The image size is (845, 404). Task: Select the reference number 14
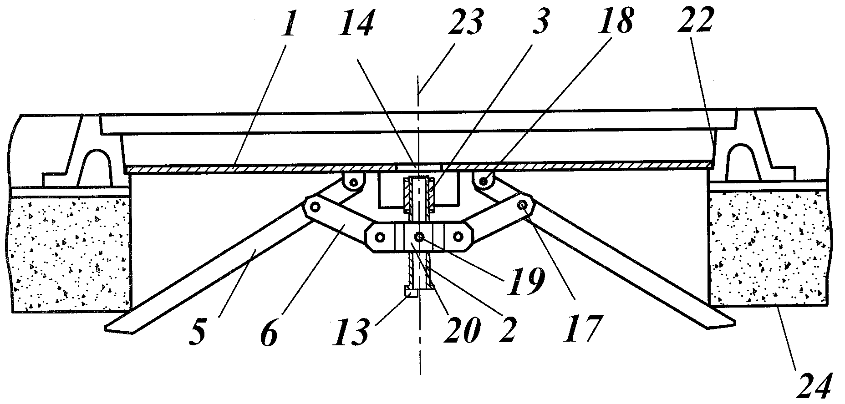356,24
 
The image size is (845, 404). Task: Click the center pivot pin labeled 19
419,237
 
